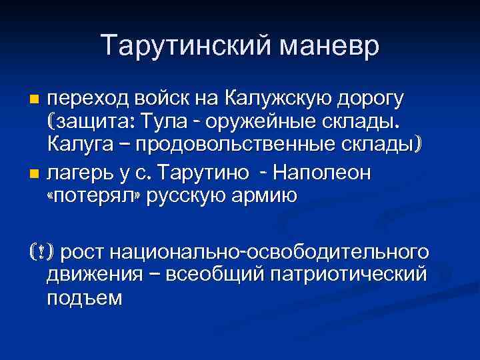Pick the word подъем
coord(85,298)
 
